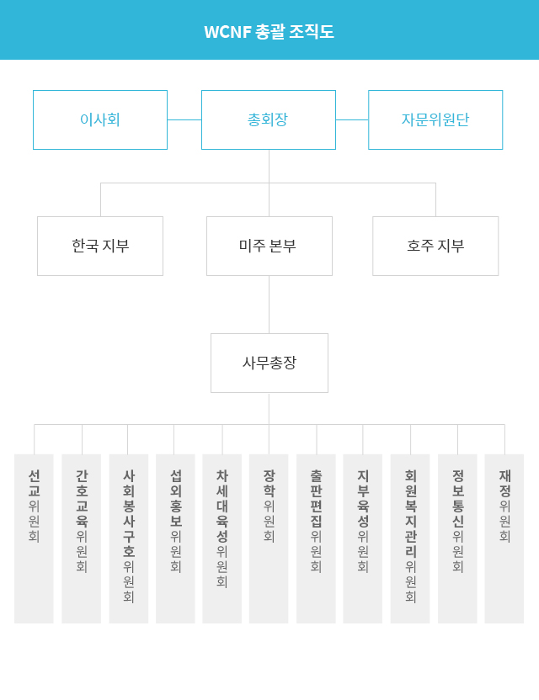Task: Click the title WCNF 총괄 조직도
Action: point(269,32)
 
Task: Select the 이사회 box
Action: point(100,119)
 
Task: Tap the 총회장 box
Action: point(268,119)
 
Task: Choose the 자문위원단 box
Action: point(435,119)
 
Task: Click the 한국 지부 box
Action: point(100,246)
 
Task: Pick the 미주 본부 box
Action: point(269,246)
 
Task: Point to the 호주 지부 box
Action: point(435,246)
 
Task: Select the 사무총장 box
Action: point(269,363)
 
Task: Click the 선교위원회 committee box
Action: point(34,538)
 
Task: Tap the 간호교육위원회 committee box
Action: point(82,538)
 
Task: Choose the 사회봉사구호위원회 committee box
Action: point(129,538)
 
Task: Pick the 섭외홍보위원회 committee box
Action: point(175,538)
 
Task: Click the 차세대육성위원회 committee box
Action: point(222,538)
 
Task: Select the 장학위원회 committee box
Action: point(269,538)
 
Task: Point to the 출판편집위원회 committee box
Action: point(316,538)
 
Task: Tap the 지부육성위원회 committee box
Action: point(363,538)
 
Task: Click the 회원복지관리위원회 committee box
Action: point(410,538)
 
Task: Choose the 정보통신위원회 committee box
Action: point(457,538)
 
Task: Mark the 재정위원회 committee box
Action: point(504,538)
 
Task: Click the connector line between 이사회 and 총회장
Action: point(184,119)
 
